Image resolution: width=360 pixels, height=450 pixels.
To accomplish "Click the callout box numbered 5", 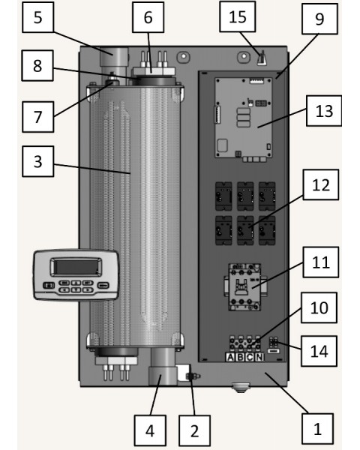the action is [x=38, y=17].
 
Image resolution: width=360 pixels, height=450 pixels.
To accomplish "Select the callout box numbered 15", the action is [x=238, y=16].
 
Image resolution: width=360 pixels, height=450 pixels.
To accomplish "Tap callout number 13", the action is [x=324, y=111].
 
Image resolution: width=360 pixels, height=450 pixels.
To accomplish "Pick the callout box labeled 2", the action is [x=194, y=430].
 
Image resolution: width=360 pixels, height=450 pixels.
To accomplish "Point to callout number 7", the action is [x=38, y=117].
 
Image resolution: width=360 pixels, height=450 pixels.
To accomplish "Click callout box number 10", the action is [x=319, y=307].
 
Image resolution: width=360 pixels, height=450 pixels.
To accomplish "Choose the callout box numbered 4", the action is [x=150, y=430].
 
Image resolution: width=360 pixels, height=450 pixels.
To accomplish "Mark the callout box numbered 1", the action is [x=317, y=429].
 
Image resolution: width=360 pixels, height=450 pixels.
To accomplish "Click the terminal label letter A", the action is [x=230, y=357].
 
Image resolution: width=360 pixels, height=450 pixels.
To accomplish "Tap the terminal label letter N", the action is [x=259, y=357].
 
